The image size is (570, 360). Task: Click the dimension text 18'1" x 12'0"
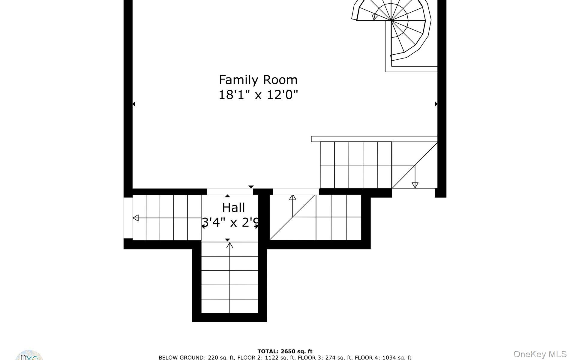tap(258, 95)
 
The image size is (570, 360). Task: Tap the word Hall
tap(233, 208)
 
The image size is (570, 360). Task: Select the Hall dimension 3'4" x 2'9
tap(230, 223)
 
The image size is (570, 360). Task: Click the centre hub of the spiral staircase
tap(391, 20)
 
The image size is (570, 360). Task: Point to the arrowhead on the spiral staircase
tap(374, 17)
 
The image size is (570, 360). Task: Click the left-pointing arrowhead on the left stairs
tap(136, 218)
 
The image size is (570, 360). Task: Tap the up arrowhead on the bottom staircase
tap(230, 245)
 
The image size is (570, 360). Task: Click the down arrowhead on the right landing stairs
tap(415, 185)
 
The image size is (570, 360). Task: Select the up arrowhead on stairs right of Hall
tap(292, 197)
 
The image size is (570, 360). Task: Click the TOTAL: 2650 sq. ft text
tap(285, 351)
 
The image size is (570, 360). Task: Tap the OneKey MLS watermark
tap(540, 354)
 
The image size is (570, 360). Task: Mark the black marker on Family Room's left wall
tap(134, 104)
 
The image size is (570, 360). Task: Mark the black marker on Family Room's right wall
tap(436, 104)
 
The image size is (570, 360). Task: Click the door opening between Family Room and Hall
tap(230, 191)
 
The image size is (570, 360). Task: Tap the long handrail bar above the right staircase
tap(374, 139)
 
